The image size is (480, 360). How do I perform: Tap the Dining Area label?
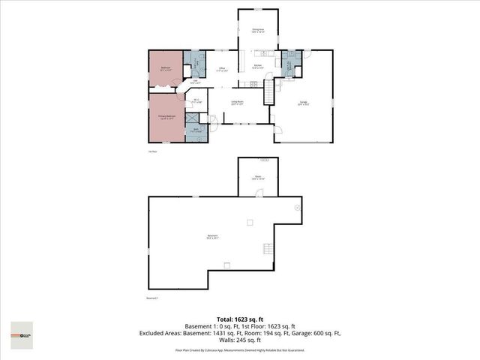click(256, 31)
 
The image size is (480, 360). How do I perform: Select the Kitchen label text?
click(256, 67)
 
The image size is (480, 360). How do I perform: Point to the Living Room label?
click(235, 103)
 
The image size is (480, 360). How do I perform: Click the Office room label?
click(222, 69)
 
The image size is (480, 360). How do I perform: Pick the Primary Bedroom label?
click(166, 117)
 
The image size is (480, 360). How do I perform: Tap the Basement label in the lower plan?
click(213, 238)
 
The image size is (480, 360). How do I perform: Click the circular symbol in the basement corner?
click(297, 206)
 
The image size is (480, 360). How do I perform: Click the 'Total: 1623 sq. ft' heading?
click(239, 319)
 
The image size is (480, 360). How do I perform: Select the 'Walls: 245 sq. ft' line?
click(239, 340)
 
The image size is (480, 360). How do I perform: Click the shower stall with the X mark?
click(192, 118)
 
